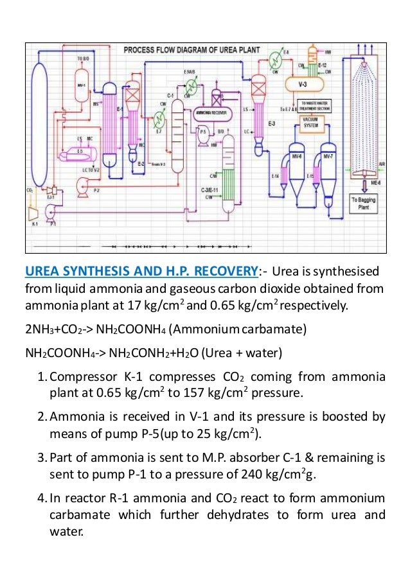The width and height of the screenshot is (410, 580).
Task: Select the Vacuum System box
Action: [x=310, y=123]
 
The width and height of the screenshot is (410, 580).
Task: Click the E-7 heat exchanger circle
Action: [x=160, y=119]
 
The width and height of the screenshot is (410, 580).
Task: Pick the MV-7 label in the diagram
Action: [x=328, y=156]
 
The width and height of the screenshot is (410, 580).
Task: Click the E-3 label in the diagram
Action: [x=272, y=123]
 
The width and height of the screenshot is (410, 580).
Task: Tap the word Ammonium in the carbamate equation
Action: [x=183, y=330]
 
